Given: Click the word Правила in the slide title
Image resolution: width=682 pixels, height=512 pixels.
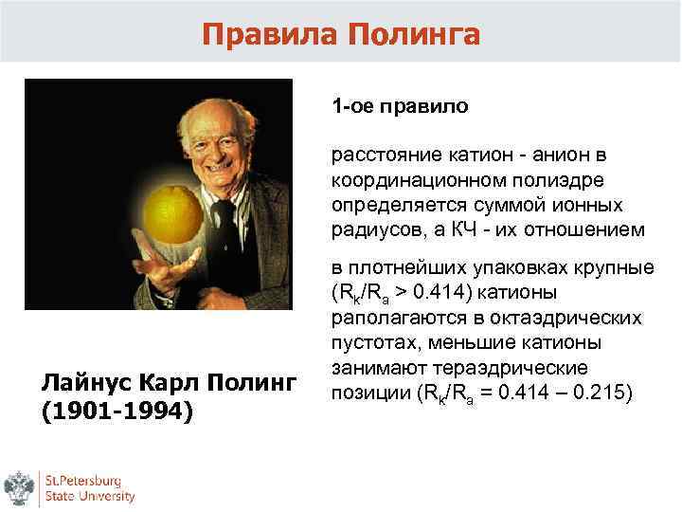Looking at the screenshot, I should coord(270,35).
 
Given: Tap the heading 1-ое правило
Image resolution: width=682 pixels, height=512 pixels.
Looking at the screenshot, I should coord(399,105).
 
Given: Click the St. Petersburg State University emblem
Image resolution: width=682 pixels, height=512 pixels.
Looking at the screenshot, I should coord(18,488).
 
